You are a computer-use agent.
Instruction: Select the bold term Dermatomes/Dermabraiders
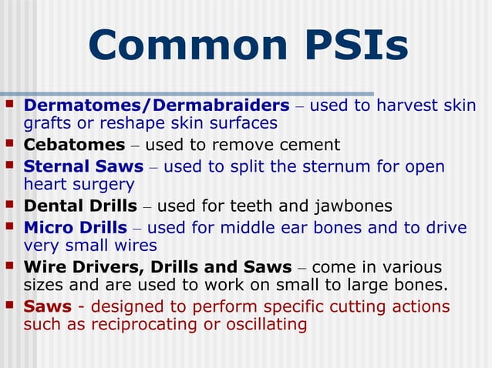coord(157,105)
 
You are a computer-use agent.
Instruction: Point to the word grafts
coord(48,123)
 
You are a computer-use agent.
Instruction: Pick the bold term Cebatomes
coord(74,145)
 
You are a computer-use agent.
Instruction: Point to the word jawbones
coord(354,206)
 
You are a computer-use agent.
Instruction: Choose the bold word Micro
coord(49,228)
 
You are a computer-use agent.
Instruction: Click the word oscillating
coord(266,325)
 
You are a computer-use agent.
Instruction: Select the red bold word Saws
coord(47,306)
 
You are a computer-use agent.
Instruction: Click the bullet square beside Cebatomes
coord(9,144)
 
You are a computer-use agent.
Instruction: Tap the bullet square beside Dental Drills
coord(9,206)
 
